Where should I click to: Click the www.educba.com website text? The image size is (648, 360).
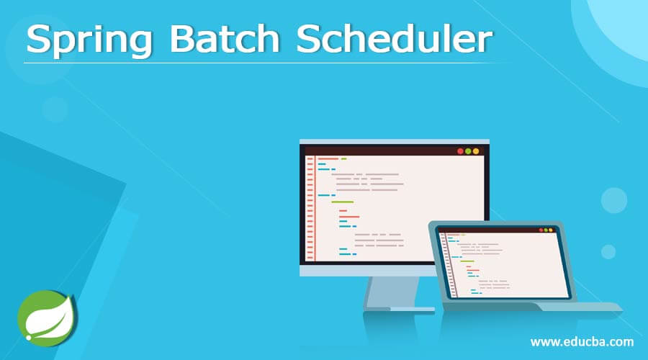pyautogui.click(x=582, y=341)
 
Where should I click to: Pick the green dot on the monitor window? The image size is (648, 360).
pyautogui.click(x=468, y=151)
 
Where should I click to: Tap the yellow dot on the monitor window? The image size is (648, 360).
pyautogui.click(x=475, y=151)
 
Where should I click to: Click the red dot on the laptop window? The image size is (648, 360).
pyautogui.click(x=541, y=230)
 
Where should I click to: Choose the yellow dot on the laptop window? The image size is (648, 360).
pyautogui.click(x=546, y=230)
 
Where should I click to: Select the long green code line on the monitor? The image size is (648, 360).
pyautogui.click(x=342, y=202)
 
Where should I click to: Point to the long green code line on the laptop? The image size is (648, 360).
pyautogui.click(x=467, y=261)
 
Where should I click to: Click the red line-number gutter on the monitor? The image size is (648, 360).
pyautogui.click(x=310, y=209)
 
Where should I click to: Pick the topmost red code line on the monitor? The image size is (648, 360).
pyautogui.click(x=328, y=158)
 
